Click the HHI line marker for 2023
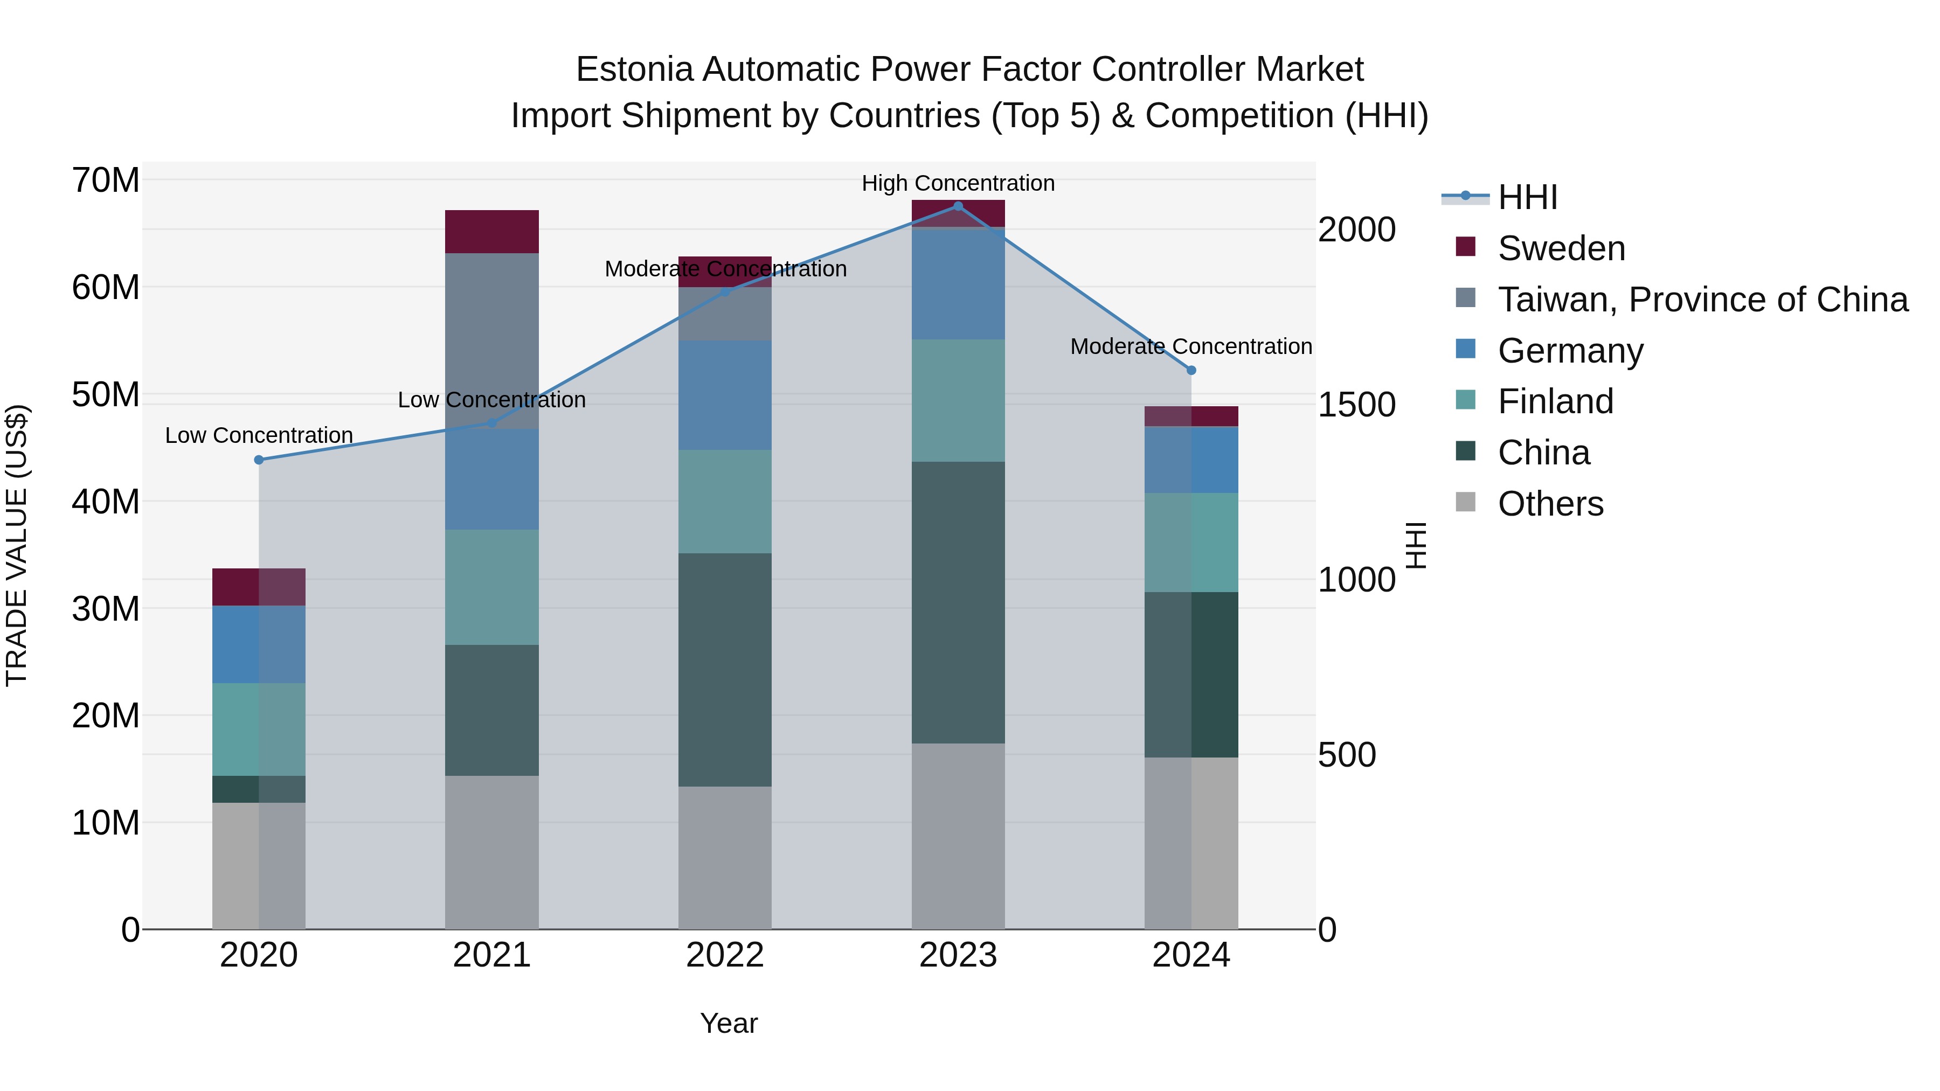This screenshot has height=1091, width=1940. pos(958,206)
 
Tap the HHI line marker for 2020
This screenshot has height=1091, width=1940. pos(259,460)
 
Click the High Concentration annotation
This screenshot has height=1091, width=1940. pos(958,183)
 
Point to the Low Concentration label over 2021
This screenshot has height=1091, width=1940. pos(492,400)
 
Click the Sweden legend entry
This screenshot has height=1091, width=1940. pos(1561,248)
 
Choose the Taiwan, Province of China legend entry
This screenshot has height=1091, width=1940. pos(1702,300)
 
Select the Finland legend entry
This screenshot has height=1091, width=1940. pos(1555,401)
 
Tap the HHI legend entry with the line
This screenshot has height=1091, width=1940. pos(1527,197)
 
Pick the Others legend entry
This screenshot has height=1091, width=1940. pos(1550,504)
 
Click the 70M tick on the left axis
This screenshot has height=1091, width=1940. pos(106,180)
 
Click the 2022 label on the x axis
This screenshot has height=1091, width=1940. pos(724,955)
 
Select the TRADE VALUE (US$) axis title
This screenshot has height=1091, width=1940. pos(17,545)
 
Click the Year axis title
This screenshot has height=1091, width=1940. pos(728,1023)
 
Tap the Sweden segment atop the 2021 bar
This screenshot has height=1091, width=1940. pos(492,232)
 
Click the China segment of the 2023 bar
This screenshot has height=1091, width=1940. pos(958,602)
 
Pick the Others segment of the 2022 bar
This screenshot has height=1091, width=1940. pos(724,858)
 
